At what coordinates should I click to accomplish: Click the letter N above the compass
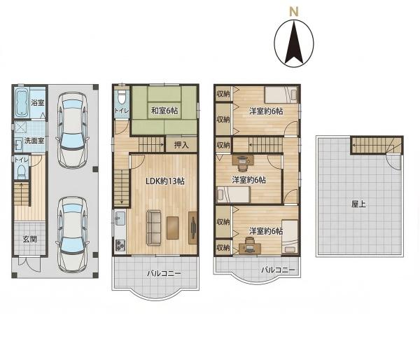point(294,12)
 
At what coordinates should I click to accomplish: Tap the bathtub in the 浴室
point(22,102)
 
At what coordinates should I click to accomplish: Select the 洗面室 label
point(34,141)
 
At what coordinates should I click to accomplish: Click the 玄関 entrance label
point(29,239)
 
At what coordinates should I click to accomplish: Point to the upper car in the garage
point(72,130)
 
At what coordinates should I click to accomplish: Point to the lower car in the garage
point(72,235)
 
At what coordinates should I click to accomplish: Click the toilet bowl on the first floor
point(22,171)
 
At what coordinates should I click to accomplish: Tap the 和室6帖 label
point(164,111)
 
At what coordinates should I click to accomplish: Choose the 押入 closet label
point(181,145)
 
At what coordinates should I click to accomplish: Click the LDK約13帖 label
point(165,181)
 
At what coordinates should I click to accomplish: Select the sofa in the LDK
point(154,228)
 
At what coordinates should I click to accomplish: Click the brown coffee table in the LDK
point(172,228)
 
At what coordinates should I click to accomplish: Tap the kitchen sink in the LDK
point(120,219)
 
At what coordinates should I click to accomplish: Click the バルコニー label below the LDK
point(164,273)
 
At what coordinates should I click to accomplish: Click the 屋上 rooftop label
point(358,204)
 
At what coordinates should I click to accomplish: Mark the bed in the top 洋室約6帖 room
point(281,95)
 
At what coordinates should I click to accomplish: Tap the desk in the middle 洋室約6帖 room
point(243,160)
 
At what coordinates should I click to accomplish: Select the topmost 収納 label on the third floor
point(223,94)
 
